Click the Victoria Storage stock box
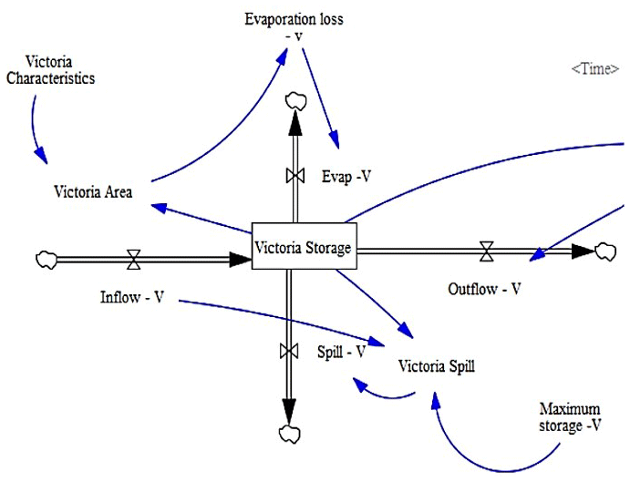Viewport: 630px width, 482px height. point(303,246)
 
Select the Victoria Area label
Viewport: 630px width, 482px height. point(93,191)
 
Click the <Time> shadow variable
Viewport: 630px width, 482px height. point(594,69)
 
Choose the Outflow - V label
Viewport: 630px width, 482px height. point(484,289)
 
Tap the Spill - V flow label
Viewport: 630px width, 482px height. point(341,351)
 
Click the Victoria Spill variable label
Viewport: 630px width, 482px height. point(437,367)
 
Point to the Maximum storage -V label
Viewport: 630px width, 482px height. point(571,415)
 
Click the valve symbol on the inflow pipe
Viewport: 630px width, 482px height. point(134,260)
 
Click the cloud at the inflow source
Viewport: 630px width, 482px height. point(46,260)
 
